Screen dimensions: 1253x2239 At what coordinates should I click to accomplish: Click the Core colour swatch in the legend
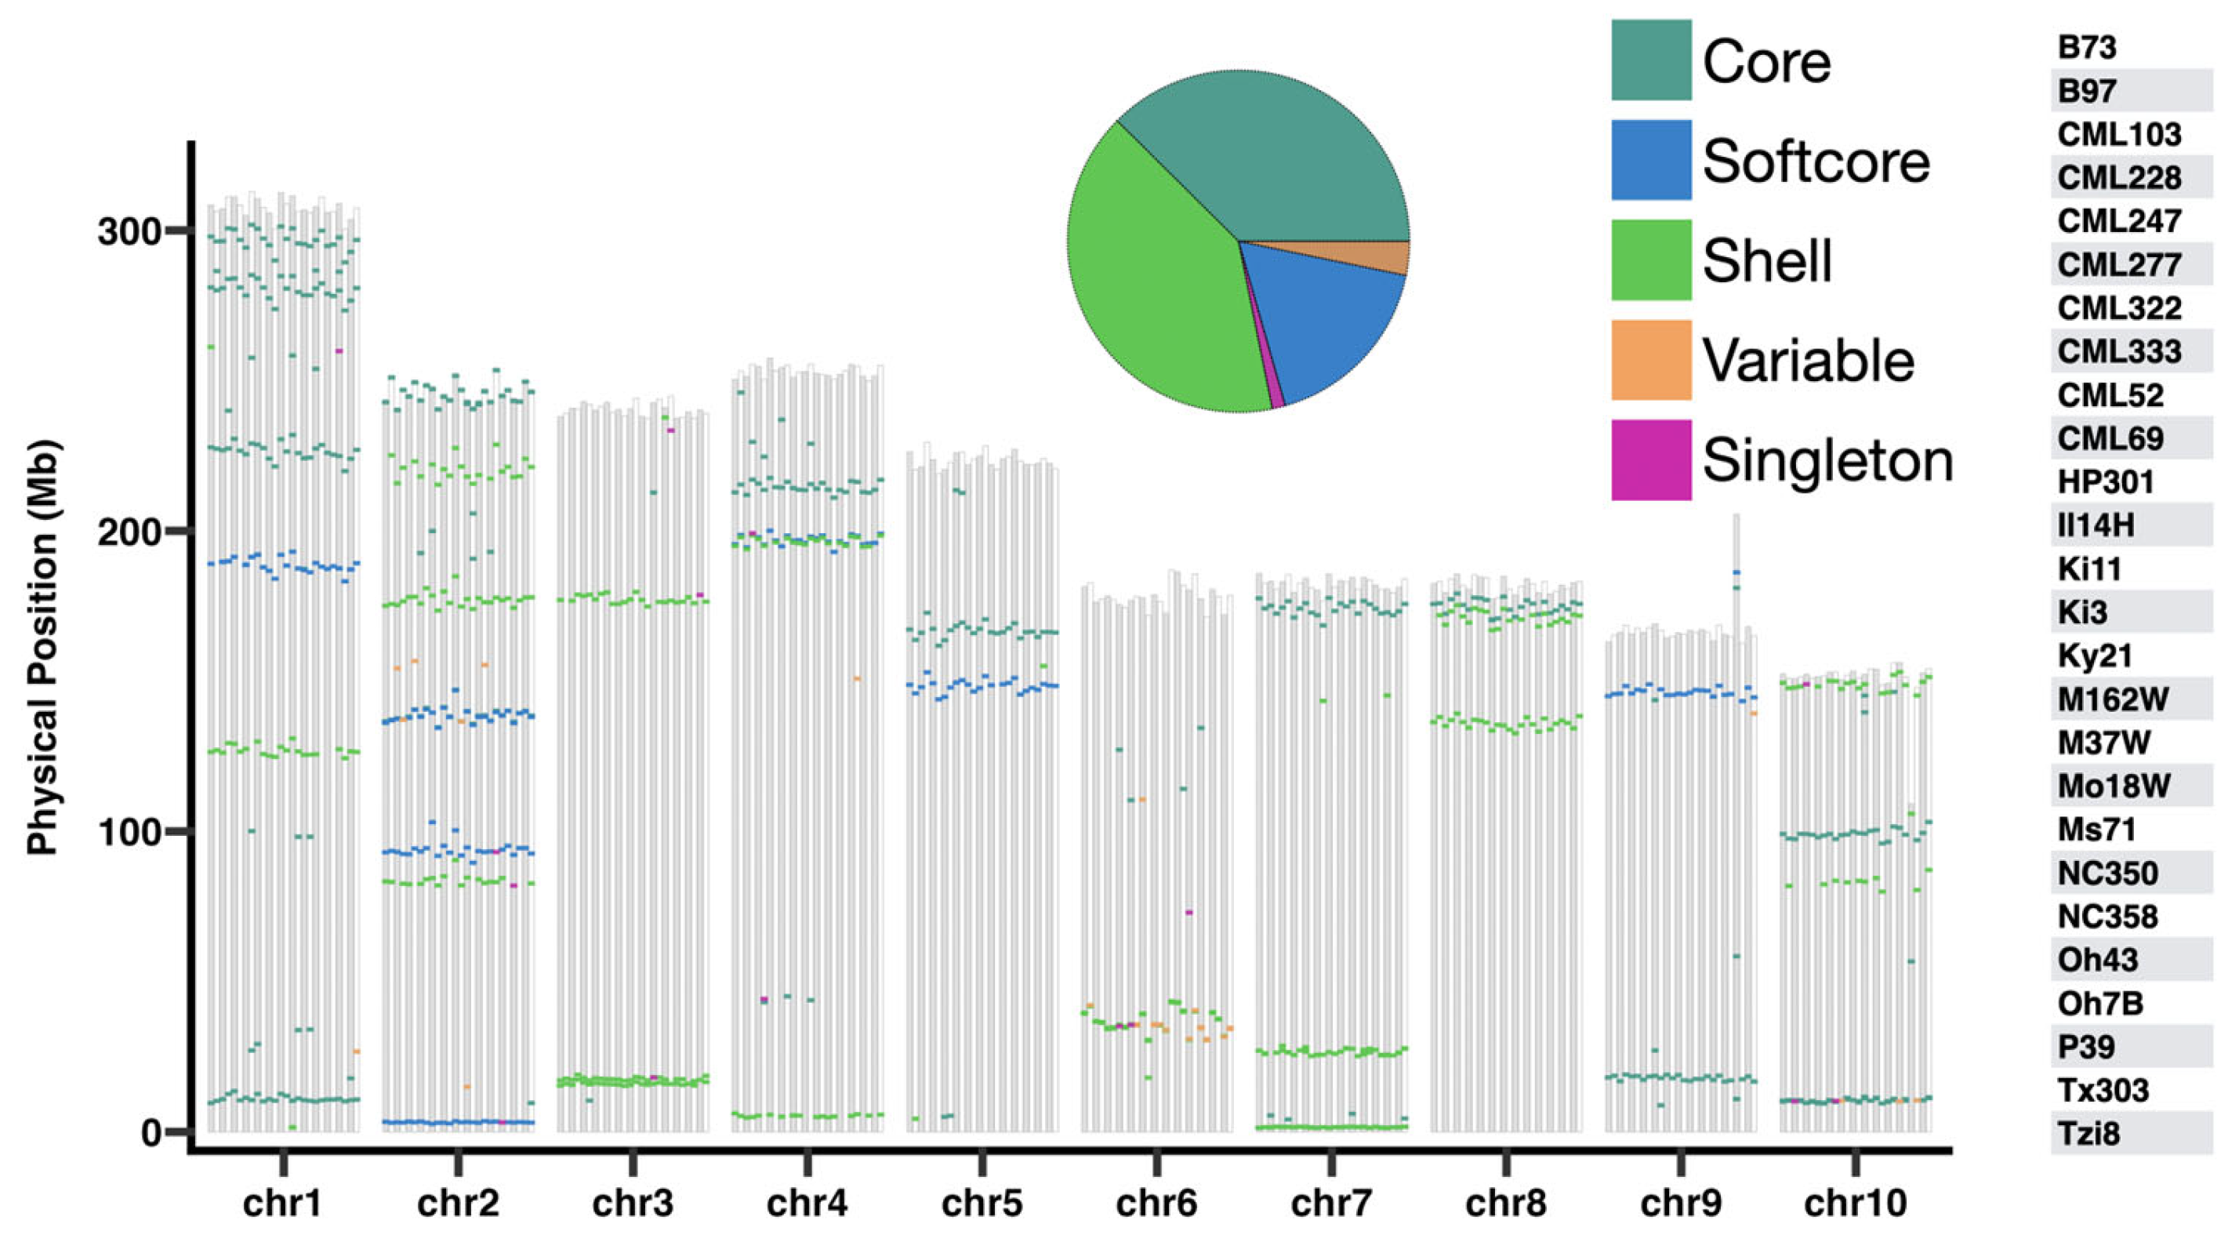coord(1650,60)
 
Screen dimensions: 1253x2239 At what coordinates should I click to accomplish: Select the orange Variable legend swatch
coord(1650,360)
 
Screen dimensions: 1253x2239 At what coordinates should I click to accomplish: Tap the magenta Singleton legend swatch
coord(1650,460)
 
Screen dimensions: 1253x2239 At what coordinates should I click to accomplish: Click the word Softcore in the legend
coord(1816,162)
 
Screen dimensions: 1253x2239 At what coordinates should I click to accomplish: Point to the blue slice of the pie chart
coord(1330,321)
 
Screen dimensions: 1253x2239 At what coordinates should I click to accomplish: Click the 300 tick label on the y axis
coord(129,232)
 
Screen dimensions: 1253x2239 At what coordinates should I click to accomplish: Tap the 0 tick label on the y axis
coord(151,1132)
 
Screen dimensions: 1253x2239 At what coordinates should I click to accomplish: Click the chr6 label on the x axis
coord(1156,1204)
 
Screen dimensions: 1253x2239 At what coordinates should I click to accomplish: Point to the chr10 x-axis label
coord(1855,1204)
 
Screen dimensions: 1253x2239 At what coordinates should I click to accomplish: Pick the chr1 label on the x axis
coord(282,1204)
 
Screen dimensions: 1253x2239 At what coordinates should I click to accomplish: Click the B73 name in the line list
coord(2086,47)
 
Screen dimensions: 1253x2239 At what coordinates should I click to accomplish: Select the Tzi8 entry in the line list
coord(2088,1134)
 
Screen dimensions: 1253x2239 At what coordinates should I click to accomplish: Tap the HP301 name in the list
coord(2105,481)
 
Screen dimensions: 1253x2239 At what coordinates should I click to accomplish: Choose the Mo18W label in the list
coord(2113,786)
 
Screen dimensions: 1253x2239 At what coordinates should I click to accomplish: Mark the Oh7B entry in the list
coord(2100,1004)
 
